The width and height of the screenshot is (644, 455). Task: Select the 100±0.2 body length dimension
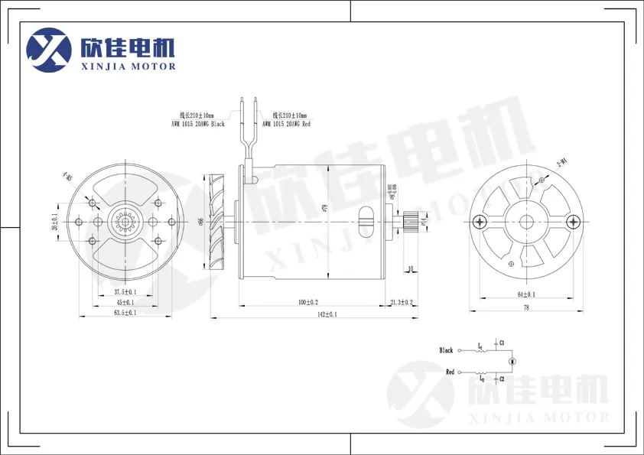click(308, 302)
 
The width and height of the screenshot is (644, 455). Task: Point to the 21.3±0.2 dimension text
click(401, 302)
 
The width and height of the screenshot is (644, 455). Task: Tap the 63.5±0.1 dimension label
click(125, 313)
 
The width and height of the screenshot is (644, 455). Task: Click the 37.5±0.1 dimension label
click(125, 292)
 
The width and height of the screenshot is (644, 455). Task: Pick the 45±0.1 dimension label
click(125, 302)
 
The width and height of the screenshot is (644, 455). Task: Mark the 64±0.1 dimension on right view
click(525, 294)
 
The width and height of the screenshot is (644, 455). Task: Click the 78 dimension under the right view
click(525, 307)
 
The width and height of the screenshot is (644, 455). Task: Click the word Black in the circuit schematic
click(446, 350)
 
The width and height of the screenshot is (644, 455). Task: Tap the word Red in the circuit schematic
click(450, 372)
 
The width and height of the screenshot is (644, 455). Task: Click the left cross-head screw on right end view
click(480, 222)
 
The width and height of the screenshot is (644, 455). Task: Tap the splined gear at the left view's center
click(125, 222)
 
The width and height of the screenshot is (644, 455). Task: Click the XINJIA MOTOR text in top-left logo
click(128, 67)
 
